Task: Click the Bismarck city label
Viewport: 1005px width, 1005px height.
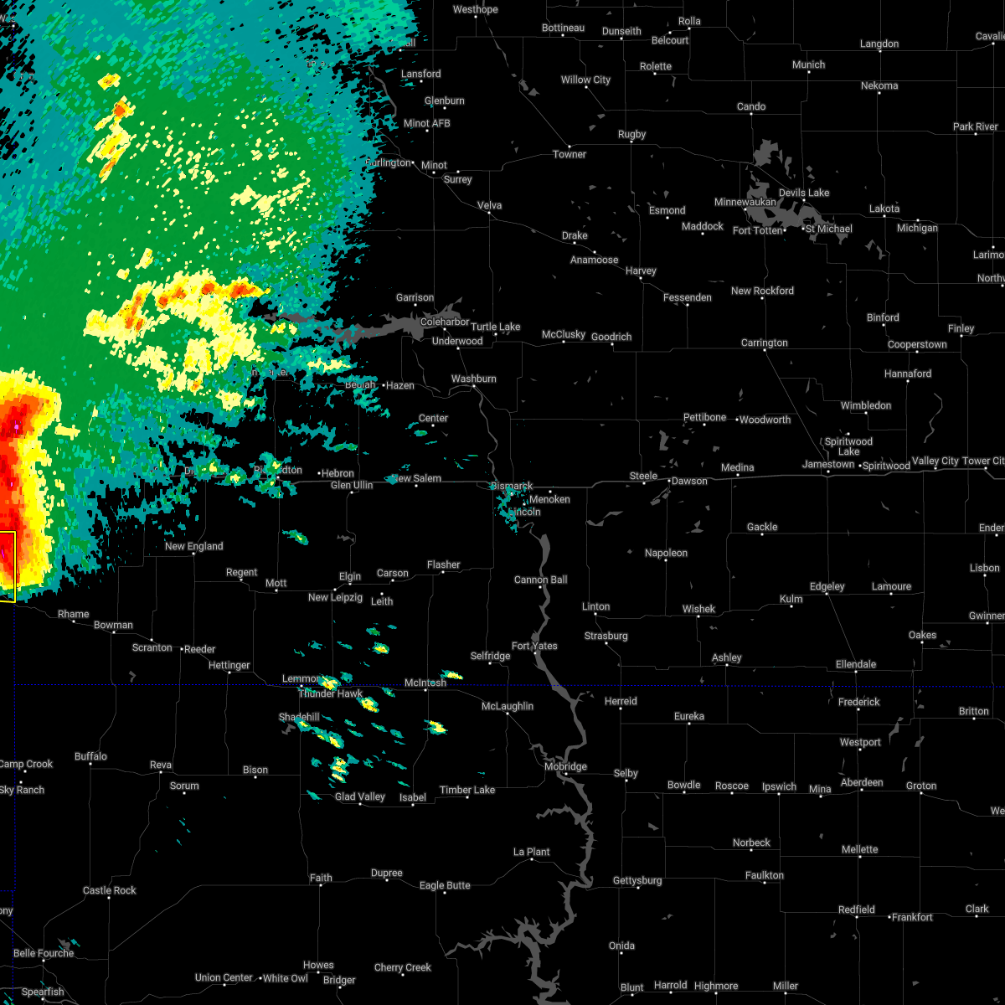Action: pyautogui.click(x=512, y=486)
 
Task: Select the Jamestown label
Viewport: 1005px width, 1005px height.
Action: pyautogui.click(x=829, y=464)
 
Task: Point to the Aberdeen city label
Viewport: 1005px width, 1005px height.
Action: pyautogui.click(x=862, y=782)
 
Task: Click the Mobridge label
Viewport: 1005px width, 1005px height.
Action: pyautogui.click(x=565, y=766)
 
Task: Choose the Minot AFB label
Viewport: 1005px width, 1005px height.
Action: pyautogui.click(x=427, y=123)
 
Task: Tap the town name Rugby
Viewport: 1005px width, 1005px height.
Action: pyautogui.click(x=632, y=134)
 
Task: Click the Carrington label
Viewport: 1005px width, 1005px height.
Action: pyautogui.click(x=764, y=343)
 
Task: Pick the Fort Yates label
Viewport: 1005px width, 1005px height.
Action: pyautogui.click(x=534, y=646)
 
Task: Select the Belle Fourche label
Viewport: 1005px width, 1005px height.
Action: pyautogui.click(x=44, y=953)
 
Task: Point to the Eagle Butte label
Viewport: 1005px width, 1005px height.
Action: pyautogui.click(x=445, y=885)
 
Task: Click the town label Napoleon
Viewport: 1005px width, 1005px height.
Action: pyautogui.click(x=666, y=553)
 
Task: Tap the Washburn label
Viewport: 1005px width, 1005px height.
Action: pyautogui.click(x=474, y=379)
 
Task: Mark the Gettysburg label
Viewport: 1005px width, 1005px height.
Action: pyautogui.click(x=637, y=880)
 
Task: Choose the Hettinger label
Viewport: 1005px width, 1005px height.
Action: pyautogui.click(x=229, y=665)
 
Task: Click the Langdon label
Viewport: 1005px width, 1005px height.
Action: pyautogui.click(x=879, y=44)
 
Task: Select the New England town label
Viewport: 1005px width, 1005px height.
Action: pyautogui.click(x=193, y=546)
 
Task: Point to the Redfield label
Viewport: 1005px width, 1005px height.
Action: pyautogui.click(x=857, y=910)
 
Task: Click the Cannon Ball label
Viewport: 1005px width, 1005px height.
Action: pyautogui.click(x=541, y=580)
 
